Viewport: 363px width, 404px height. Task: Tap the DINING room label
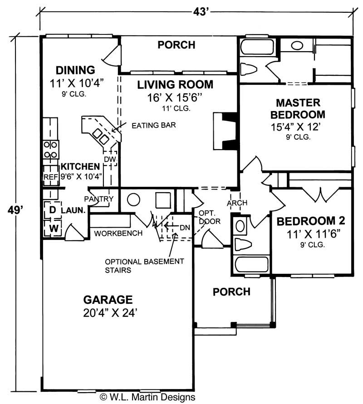[75, 70]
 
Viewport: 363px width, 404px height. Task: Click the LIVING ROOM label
[175, 84]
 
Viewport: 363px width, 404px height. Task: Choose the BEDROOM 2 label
[311, 221]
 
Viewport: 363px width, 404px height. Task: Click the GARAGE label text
[108, 300]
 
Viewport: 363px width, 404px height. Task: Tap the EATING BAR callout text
[147, 125]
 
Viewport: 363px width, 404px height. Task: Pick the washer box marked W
[52, 228]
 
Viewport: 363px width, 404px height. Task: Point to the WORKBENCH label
[118, 233]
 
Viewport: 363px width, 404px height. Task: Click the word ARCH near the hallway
[236, 202]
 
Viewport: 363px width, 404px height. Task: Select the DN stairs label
[184, 227]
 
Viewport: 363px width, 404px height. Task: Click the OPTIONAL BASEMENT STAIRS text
[144, 266]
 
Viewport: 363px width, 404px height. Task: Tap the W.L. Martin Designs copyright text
[147, 397]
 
